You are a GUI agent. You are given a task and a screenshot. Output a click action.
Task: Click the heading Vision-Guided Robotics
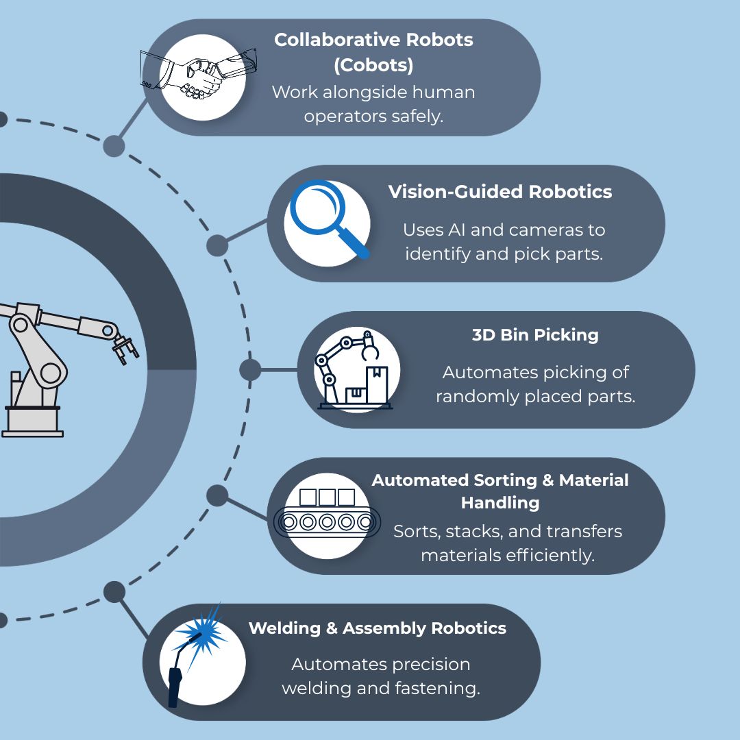(500, 192)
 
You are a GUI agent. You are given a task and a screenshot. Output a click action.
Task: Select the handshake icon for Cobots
(200, 76)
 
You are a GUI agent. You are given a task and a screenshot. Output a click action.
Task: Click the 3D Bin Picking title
(534, 335)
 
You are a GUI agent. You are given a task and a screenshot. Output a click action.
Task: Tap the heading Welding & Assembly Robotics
(377, 628)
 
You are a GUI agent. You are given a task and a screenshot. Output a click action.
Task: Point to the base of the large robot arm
(32, 420)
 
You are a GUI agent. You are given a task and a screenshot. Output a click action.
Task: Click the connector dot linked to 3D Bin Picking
(250, 370)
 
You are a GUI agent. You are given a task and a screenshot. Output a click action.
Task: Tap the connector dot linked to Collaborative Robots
(114, 145)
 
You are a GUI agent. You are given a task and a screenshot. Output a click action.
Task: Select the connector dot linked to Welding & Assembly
(114, 592)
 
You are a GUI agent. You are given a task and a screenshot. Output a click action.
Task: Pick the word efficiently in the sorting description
(549, 555)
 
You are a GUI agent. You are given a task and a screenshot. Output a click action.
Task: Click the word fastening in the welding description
(439, 688)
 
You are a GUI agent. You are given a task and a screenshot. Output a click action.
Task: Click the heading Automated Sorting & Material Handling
(500, 491)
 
